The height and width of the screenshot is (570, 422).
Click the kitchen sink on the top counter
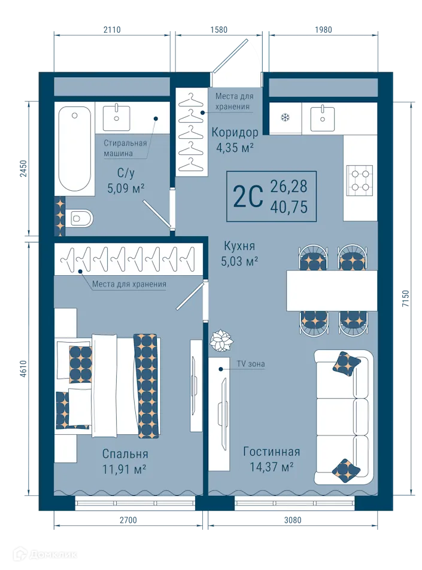coord(323,117)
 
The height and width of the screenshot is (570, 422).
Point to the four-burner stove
coord(360,178)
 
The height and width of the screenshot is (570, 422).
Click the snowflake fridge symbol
coord(286,117)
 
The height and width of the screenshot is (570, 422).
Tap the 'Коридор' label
coord(235,133)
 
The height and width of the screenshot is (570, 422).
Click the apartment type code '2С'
coord(248,197)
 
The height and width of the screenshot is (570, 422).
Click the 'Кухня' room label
coord(239,245)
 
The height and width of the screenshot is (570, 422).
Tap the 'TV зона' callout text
coord(252,364)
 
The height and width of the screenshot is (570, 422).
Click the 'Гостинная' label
coord(271,452)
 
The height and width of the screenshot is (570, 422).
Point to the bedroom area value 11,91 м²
coord(124,468)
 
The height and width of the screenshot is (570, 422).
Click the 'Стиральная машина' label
coord(125,148)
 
